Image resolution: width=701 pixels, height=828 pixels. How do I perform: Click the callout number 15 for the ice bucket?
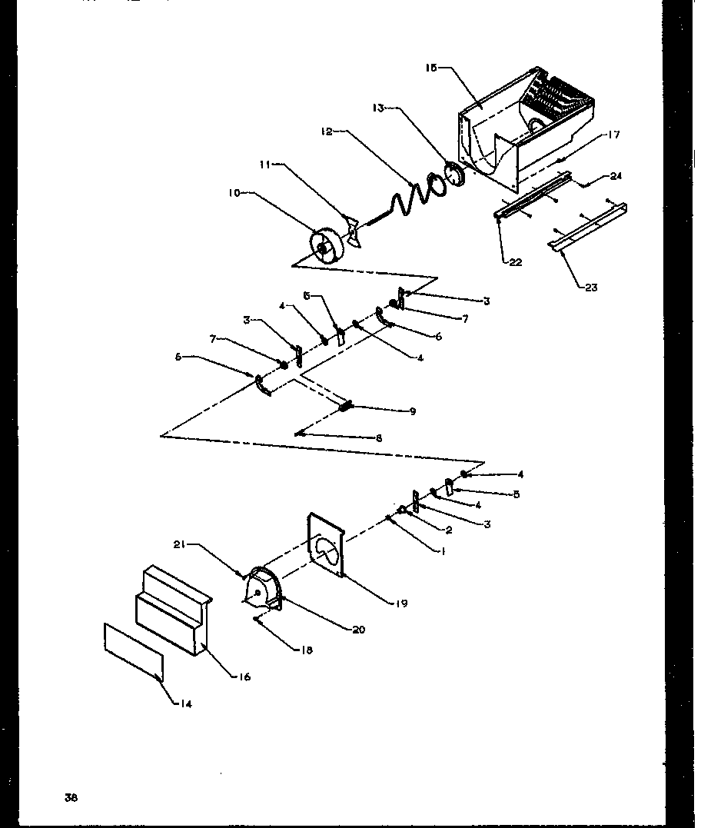[431, 68]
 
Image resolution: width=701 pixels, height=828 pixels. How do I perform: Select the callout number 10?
[233, 194]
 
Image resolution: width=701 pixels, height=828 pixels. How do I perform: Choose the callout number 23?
[590, 288]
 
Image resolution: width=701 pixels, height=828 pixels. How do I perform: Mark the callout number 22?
[514, 262]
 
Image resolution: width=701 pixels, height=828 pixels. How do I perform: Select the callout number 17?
[613, 135]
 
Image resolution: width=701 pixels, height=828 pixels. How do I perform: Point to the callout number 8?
[378, 438]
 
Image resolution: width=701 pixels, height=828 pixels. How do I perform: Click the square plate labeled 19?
[327, 546]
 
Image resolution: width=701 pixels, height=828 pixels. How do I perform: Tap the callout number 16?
[244, 677]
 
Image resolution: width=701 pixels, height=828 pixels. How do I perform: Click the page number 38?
[71, 797]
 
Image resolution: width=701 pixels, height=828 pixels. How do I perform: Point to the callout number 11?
[264, 165]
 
